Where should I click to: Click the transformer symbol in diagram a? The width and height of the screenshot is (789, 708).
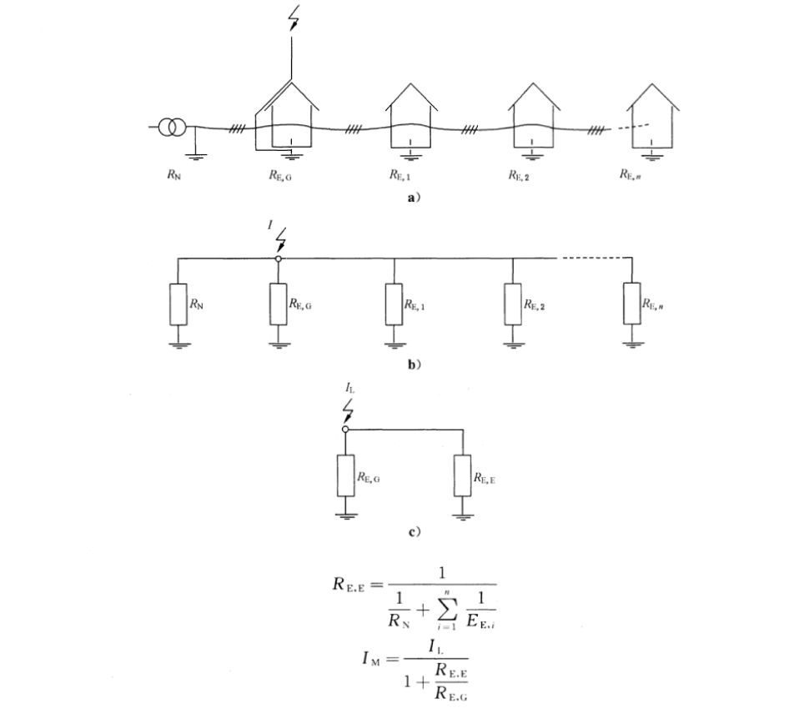click(x=173, y=128)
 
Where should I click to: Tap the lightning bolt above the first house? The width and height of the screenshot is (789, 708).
click(x=292, y=18)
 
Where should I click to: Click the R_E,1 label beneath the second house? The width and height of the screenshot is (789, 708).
click(x=398, y=175)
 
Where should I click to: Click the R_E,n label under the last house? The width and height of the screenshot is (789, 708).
click(x=631, y=175)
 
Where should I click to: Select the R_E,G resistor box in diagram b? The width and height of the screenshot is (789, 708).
click(x=278, y=304)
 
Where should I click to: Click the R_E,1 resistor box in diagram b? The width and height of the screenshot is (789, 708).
click(x=394, y=304)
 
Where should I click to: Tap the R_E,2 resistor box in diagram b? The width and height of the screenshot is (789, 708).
click(x=513, y=304)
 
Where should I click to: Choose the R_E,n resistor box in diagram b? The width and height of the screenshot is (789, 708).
click(x=631, y=304)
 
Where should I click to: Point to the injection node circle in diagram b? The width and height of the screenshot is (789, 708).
click(x=279, y=259)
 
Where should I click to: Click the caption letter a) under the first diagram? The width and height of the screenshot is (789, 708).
click(x=409, y=198)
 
